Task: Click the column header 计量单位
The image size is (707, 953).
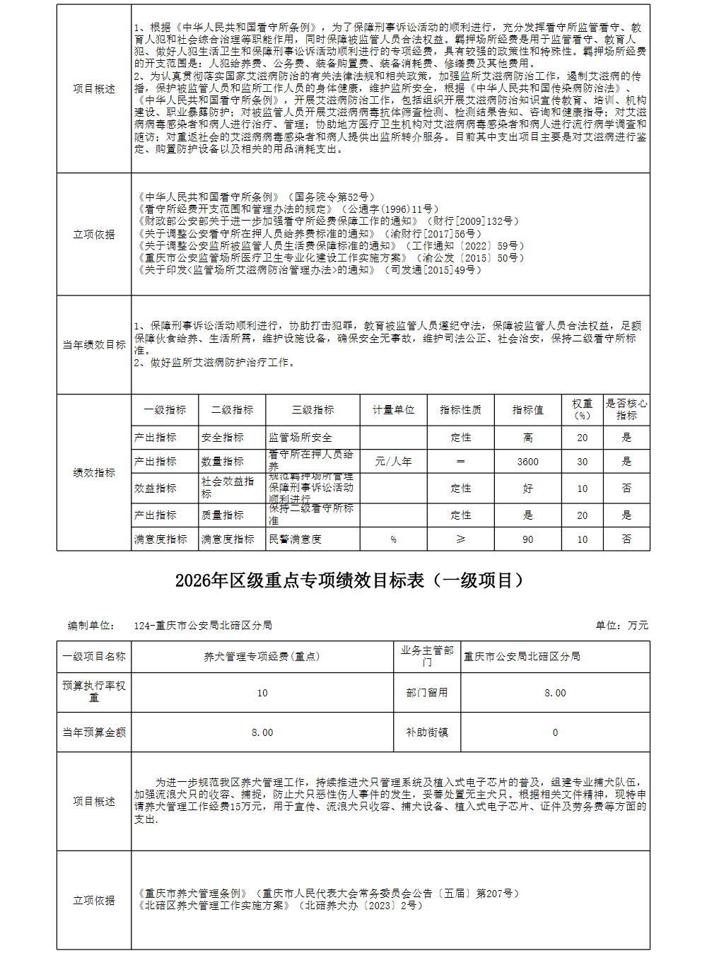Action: [x=393, y=410]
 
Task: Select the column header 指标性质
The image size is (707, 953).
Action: [x=460, y=410]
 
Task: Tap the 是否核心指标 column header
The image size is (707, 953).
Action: [x=626, y=409]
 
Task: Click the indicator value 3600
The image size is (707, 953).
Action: [x=527, y=462]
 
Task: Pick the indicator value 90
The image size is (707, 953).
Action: [x=527, y=539]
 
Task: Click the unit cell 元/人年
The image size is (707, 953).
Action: [x=393, y=462]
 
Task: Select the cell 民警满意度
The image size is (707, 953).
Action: [x=295, y=539]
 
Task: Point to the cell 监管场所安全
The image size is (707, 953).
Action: [x=300, y=438]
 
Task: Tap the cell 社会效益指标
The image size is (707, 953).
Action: [x=227, y=488]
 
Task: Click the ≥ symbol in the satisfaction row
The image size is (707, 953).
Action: [x=460, y=539]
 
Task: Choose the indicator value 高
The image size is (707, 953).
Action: [x=527, y=438]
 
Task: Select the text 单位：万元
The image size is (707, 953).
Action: [x=621, y=626]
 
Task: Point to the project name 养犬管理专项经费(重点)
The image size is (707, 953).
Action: [x=262, y=657]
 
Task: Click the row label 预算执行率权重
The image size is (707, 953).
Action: [x=94, y=691]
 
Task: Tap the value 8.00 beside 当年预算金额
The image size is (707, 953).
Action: [x=262, y=732]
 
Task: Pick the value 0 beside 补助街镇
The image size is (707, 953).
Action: [x=555, y=732]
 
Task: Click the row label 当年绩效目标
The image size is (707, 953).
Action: [x=94, y=345]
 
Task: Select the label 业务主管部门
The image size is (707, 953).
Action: [x=427, y=656]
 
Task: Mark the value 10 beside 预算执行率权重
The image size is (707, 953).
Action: [x=262, y=693]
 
